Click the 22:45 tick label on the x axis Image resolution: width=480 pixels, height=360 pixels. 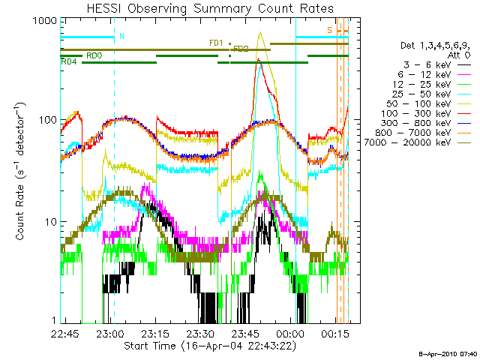(65, 332)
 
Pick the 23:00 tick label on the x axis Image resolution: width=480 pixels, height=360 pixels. (110, 332)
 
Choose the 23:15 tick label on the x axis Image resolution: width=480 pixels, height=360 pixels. (155, 332)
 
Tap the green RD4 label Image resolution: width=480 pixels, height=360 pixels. (68, 61)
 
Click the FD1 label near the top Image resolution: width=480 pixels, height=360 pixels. (216, 43)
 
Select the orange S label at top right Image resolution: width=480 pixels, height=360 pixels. (329, 30)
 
